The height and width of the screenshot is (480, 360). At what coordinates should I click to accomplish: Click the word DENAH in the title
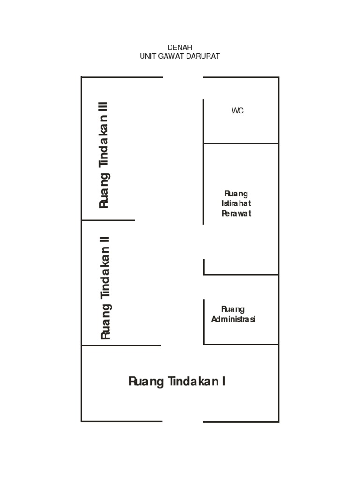180,47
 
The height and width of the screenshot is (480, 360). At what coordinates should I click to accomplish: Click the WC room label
238,111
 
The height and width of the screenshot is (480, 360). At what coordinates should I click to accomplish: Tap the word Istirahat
236,203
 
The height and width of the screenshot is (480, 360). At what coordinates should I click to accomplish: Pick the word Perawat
236,213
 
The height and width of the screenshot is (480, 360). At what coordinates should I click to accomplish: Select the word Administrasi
233,319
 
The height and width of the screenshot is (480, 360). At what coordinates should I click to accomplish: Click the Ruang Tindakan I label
177,382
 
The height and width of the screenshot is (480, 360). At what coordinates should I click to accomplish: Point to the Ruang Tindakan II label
105,288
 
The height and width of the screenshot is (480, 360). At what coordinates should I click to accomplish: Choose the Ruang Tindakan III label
104,155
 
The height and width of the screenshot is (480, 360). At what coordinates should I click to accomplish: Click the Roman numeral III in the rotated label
103,108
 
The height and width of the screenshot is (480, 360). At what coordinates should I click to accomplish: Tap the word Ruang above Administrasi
233,309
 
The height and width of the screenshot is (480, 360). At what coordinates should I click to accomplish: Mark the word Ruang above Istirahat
236,194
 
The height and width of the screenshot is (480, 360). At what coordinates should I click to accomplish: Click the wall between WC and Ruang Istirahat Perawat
241,143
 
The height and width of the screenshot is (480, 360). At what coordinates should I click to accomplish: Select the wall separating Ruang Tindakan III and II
108,220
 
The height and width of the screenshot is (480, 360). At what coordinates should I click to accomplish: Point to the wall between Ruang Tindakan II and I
121,345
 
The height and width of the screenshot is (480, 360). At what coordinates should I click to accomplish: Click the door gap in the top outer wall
183,77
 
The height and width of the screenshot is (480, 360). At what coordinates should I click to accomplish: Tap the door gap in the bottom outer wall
183,421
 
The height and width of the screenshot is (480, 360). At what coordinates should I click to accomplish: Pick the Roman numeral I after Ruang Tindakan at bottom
224,382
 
